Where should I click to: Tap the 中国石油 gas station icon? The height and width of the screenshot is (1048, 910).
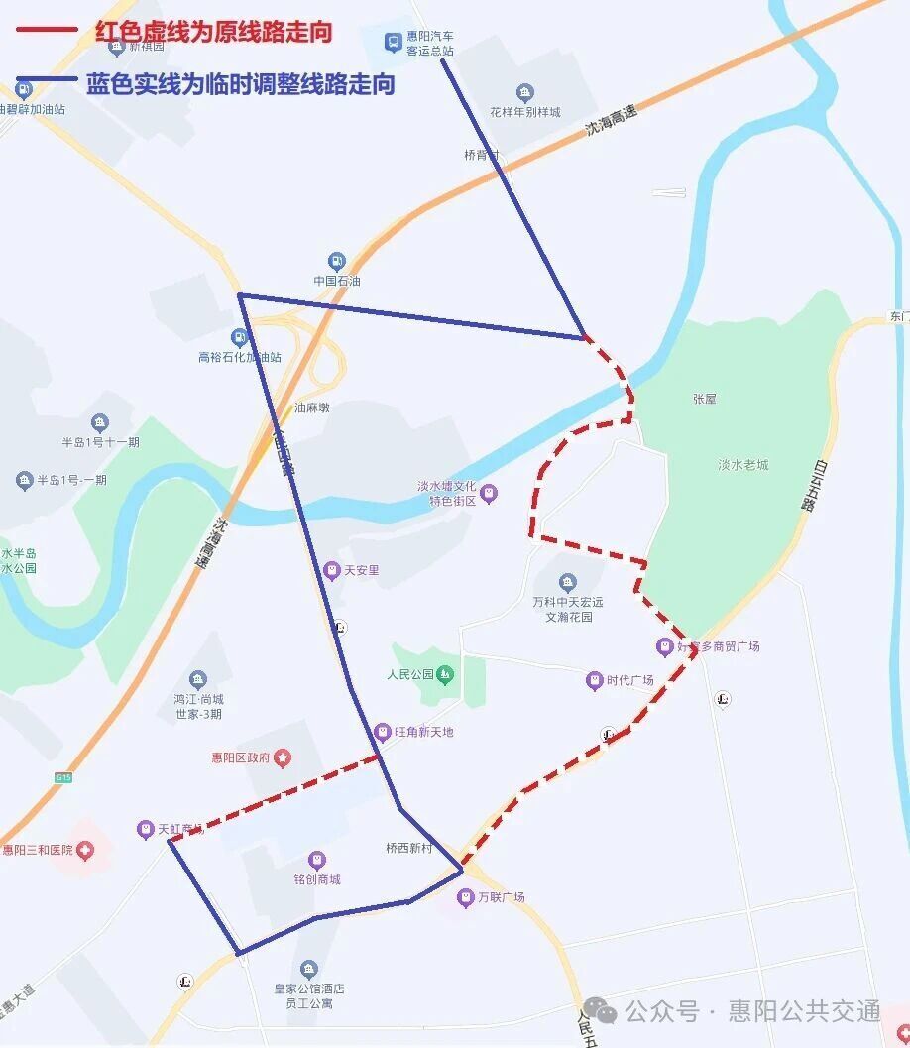(337, 261)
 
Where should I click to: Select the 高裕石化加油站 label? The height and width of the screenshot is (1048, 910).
(240, 357)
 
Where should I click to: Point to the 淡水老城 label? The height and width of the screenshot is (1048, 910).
(743, 464)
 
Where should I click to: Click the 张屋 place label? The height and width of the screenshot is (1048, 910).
(705, 399)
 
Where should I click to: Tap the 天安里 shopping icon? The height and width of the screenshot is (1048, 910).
(331, 570)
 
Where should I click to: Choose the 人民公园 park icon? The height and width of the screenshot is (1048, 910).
(445, 675)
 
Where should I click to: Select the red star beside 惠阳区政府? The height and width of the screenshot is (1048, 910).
(284, 758)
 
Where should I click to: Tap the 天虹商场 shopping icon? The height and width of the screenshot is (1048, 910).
(146, 828)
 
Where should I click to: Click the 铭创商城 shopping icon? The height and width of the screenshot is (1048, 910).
(316, 859)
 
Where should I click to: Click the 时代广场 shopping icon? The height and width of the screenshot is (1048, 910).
(594, 680)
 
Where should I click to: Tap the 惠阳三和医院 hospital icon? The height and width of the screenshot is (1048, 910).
(86, 850)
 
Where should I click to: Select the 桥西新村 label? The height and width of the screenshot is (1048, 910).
(409, 848)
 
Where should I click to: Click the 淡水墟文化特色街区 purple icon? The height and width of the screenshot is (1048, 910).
(489, 493)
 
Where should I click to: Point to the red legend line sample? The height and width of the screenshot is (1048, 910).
(47, 31)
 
